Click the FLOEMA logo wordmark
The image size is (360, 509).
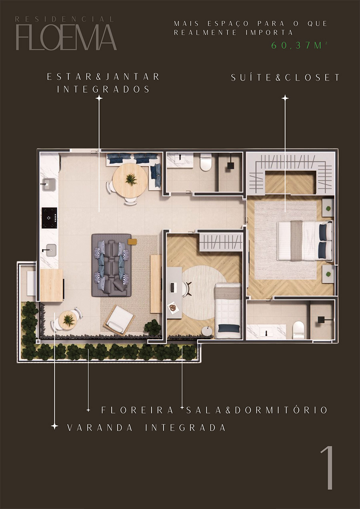click(x=66, y=37)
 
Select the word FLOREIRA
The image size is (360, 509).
click(x=137, y=410)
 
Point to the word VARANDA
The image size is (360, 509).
click(x=100, y=428)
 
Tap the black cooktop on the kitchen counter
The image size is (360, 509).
click(x=49, y=218)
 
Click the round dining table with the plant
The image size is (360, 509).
click(x=130, y=180)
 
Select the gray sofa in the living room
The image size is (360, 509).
click(x=111, y=265)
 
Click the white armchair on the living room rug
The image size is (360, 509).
click(x=119, y=320)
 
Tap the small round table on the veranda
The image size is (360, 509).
click(x=68, y=320)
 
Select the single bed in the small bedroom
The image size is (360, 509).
click(x=228, y=311)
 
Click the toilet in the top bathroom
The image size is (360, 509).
click(x=206, y=162)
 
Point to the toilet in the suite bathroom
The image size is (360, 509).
click(x=298, y=330)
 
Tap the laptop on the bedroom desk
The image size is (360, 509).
click(x=172, y=287)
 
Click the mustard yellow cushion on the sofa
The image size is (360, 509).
click(x=132, y=242)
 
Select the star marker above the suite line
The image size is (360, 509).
click(x=285, y=98)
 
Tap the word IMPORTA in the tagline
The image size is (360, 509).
click(x=269, y=33)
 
